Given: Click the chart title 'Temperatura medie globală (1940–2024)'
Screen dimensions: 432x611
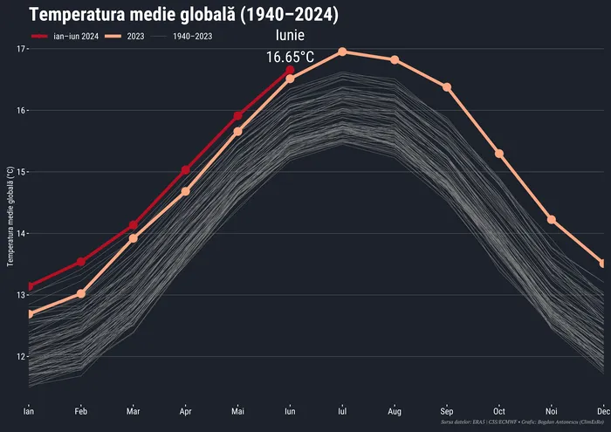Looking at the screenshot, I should tap(183, 15).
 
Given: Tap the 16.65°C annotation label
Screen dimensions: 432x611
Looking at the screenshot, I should tap(290, 57).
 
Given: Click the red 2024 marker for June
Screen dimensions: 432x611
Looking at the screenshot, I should tap(290, 70).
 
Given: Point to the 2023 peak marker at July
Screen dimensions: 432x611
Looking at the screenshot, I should tap(342, 51).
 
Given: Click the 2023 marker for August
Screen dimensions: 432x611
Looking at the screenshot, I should tap(395, 59).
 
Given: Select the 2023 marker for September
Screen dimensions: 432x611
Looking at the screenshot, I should tap(447, 87).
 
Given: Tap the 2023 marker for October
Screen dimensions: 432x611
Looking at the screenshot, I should tap(499, 154).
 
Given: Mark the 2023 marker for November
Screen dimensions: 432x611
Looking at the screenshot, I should tap(552, 219).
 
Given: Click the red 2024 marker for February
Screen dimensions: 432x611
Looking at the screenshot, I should tap(80, 262).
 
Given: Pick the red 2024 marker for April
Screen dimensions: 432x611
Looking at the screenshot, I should tap(185, 170).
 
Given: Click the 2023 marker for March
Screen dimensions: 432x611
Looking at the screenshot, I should tap(133, 238).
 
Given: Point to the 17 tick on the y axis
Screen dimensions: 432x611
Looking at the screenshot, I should tap(21, 49).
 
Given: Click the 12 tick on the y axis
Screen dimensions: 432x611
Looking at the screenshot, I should tap(21, 356).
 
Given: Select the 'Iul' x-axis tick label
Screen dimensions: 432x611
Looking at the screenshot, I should tap(342, 410).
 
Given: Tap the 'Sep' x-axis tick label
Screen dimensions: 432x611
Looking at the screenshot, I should tap(447, 410).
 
